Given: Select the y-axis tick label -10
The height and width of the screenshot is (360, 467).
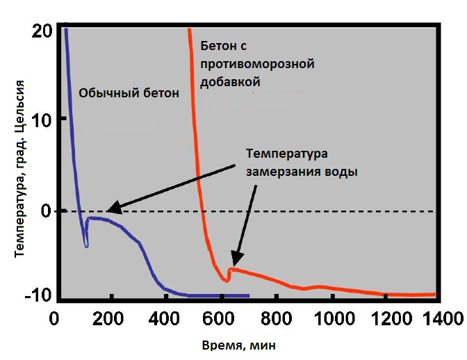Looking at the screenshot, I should point(38,295).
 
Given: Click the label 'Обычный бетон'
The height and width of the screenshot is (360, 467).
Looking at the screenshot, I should point(129,93).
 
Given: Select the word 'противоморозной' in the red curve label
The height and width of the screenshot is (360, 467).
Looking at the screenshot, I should point(258,65).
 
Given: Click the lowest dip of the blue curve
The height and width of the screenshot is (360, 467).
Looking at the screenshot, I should point(86,245).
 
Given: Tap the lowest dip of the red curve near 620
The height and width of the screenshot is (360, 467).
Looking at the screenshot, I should point(227,281).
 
